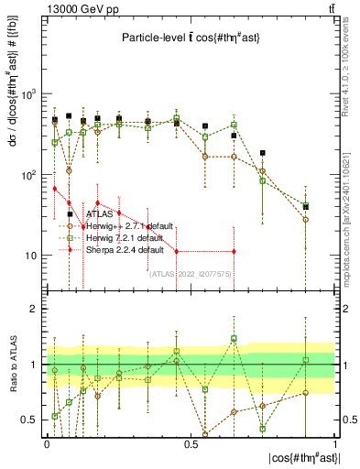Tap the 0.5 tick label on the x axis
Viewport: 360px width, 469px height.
[x=191, y=442]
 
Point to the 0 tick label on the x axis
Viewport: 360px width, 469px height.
[x=47, y=442]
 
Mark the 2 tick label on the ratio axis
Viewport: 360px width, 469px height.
[x=34, y=309]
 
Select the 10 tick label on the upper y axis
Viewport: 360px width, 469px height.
[x=29, y=256]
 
